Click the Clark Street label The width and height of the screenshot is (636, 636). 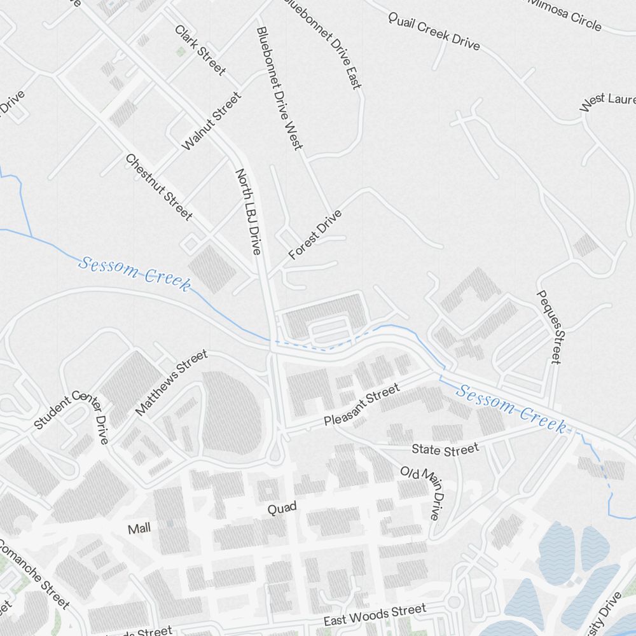coord(200,50)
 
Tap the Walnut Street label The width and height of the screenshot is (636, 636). coord(212,121)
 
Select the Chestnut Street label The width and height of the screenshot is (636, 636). coord(158,187)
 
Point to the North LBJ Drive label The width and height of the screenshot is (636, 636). coord(249,211)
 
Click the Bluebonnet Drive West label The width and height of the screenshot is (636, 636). coord(279,88)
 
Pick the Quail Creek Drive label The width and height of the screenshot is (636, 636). coord(434,31)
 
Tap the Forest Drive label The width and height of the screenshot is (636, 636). coord(315,235)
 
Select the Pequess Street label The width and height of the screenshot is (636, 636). coord(550,327)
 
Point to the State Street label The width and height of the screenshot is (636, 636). coord(445,450)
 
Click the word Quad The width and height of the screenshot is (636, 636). coord(282,509)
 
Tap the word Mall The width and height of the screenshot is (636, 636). coord(140,529)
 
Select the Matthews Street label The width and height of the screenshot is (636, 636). coord(171,382)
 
